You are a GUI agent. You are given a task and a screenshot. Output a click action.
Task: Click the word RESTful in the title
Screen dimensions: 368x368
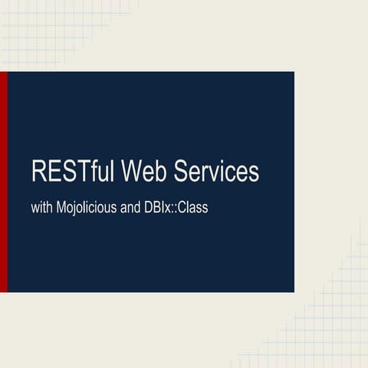74,172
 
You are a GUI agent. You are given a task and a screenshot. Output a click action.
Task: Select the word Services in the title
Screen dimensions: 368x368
216,172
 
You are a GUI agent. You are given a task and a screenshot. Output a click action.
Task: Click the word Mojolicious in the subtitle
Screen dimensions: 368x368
86,208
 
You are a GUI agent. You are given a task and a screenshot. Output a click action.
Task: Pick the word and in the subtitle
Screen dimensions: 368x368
130,208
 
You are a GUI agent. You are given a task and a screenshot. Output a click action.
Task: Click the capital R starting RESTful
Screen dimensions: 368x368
39,172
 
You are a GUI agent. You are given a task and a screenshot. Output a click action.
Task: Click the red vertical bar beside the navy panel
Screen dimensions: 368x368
3,182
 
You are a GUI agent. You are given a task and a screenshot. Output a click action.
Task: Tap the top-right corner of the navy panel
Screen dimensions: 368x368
293,73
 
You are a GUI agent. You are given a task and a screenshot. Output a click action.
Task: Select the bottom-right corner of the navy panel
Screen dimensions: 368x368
293,291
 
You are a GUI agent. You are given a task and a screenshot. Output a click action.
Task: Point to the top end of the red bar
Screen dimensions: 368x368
3,74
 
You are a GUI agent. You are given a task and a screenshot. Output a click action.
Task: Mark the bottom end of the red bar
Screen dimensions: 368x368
3,290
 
